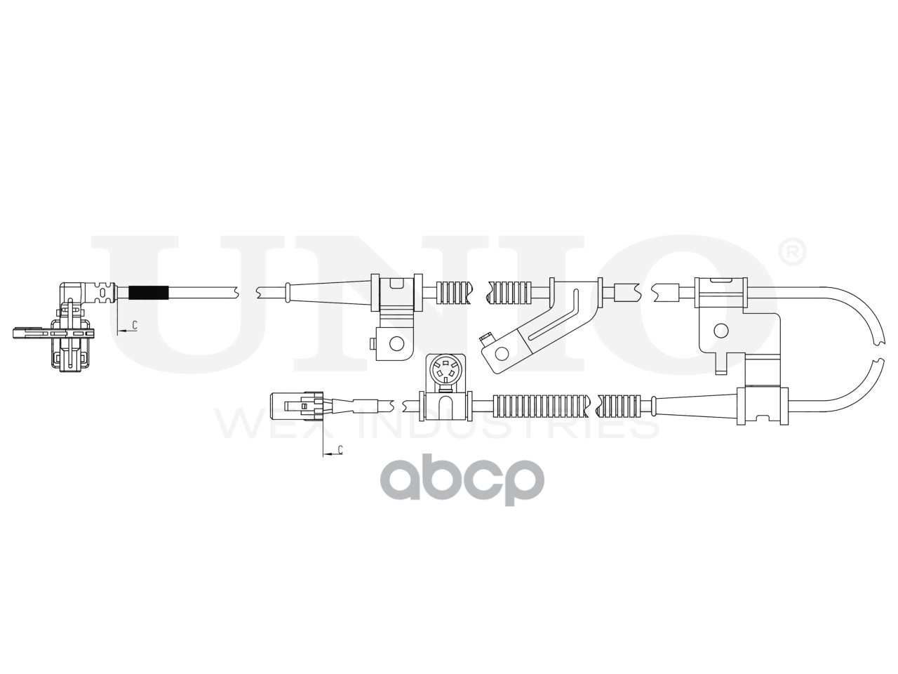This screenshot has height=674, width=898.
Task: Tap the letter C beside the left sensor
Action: tap(134, 325)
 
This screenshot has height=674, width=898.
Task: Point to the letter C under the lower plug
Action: tap(340, 449)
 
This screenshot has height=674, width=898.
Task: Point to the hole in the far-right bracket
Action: tap(720, 330)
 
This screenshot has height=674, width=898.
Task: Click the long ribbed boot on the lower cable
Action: tap(540, 404)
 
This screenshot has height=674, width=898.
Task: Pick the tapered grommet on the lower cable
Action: tap(691, 406)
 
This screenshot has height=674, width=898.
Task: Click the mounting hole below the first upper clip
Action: tap(396, 343)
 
